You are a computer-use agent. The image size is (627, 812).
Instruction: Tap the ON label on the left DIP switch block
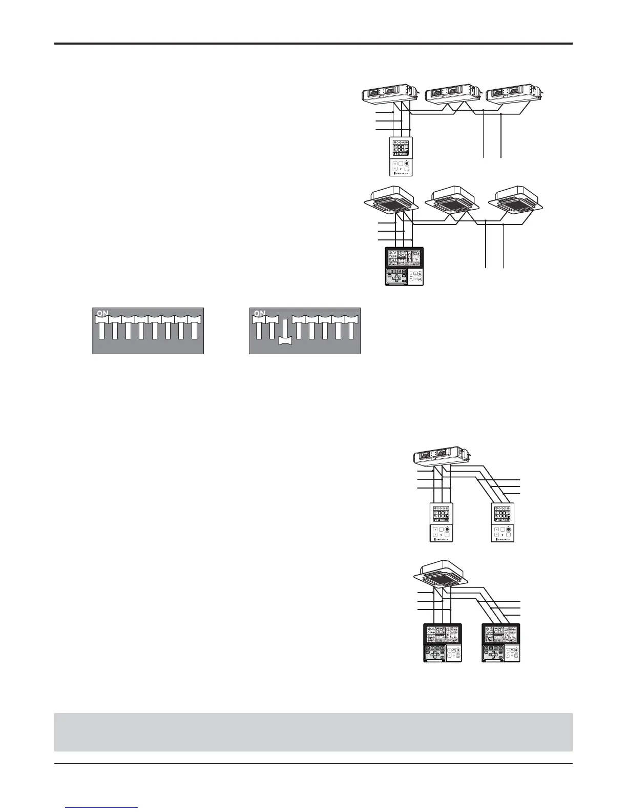click(103, 313)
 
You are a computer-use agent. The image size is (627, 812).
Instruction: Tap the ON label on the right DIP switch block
click(260, 313)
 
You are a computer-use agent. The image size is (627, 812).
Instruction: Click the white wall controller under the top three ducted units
click(401, 157)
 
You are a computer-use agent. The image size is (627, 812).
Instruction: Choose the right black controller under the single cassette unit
click(503, 643)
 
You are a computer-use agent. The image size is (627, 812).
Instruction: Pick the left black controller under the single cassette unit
click(443, 643)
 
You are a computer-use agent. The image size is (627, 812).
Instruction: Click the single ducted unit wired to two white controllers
click(441, 455)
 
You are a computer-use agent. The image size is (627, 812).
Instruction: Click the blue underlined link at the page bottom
click(102, 808)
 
